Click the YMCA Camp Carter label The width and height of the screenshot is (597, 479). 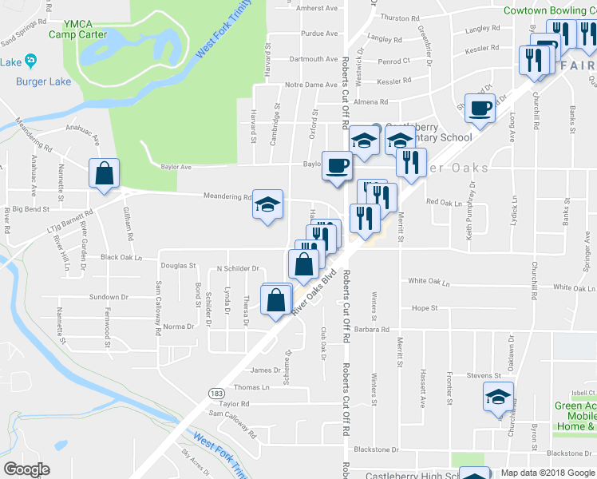coord(77,29)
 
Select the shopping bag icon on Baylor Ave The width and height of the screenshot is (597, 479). coord(105,173)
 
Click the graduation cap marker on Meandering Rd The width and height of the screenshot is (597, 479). coord(268,204)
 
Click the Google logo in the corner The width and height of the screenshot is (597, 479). coord(26,469)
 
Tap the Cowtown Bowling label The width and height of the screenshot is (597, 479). coord(549,10)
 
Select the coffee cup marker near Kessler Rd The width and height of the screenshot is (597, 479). coord(480,108)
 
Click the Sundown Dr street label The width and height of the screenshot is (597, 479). coord(109,297)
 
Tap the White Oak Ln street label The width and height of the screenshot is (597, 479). coord(429,282)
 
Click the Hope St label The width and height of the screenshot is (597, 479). coord(425,307)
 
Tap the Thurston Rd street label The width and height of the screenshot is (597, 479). coord(400,17)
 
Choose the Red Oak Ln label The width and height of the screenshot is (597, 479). coord(445,203)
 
